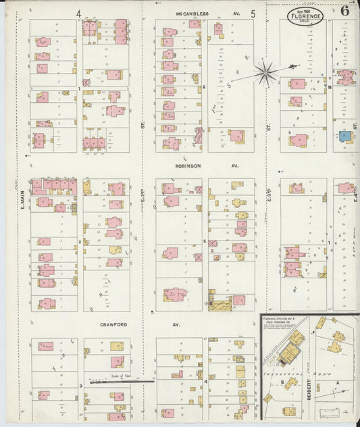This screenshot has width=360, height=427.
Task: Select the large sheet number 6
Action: click(x=345, y=11)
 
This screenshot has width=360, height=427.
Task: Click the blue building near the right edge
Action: click(x=345, y=136)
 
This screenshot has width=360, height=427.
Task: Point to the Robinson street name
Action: click(x=187, y=166)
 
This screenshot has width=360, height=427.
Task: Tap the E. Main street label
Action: click(x=22, y=199)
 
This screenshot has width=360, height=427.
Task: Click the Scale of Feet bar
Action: click(x=118, y=382)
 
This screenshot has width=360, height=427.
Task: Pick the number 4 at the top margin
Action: click(x=79, y=14)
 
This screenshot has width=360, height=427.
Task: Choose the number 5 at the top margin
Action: click(x=253, y=14)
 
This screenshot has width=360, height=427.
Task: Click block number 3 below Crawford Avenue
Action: click(x=80, y=385)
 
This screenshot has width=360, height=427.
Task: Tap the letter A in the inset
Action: click(x=337, y=381)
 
